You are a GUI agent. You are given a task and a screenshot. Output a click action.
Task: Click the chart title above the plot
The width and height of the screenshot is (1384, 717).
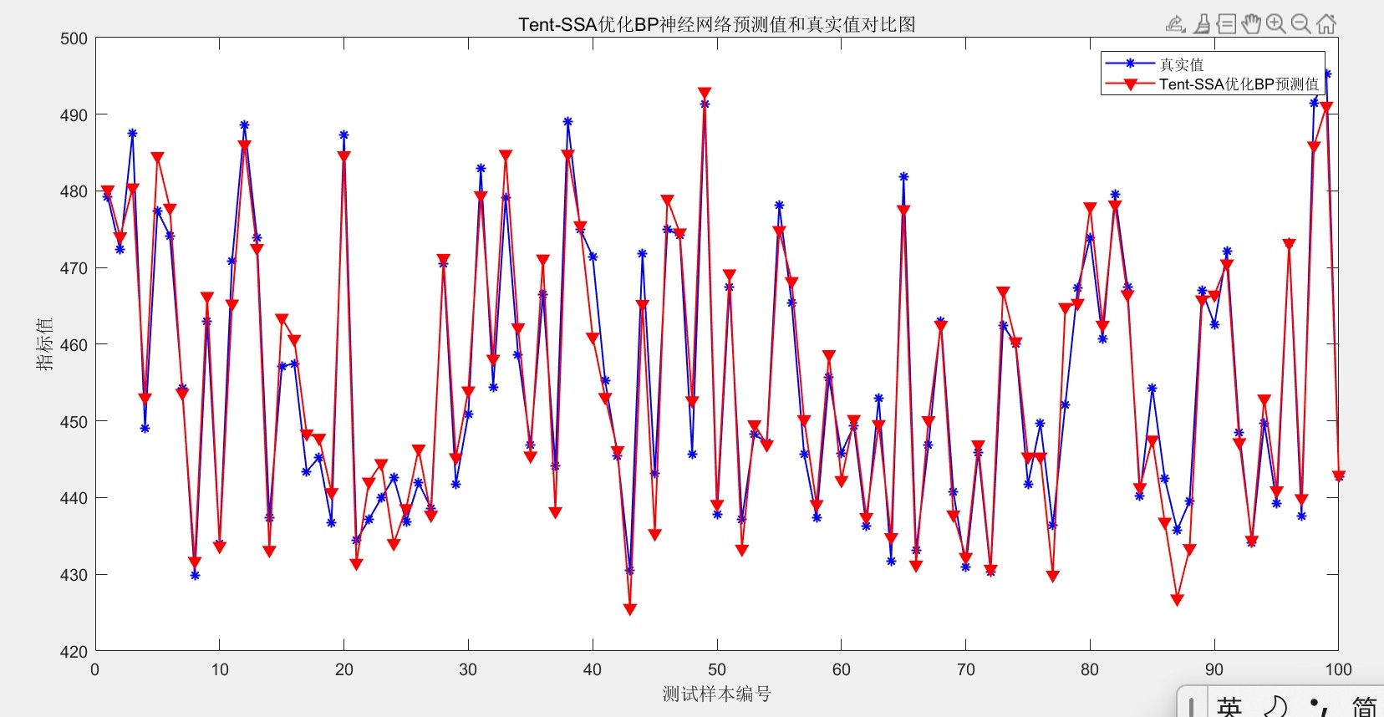pos(717,24)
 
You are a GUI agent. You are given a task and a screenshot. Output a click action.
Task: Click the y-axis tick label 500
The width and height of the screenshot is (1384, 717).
pos(74,38)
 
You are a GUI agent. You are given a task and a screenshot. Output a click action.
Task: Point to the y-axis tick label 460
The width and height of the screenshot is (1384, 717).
pos(74,344)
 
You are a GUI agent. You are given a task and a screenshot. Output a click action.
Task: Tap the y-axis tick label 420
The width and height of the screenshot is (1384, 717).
pos(74,651)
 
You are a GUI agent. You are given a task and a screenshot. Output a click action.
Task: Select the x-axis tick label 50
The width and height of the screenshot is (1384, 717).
pos(717,669)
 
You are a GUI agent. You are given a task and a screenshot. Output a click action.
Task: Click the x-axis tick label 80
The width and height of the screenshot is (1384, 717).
pos(1090,669)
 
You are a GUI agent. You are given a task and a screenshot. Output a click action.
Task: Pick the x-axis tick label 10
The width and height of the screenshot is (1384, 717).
pos(219,669)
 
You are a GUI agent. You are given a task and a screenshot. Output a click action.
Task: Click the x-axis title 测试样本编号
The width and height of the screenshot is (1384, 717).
pos(717,694)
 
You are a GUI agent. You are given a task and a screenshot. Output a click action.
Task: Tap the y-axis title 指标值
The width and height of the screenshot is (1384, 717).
pos(44,344)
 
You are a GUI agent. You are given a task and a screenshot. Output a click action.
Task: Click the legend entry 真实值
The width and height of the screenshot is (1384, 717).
pos(1182,64)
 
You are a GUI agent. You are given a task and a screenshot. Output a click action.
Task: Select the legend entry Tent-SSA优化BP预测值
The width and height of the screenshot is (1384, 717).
pos(1239,84)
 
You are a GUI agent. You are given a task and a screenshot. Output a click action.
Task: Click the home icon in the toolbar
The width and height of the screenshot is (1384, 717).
pos(1326,24)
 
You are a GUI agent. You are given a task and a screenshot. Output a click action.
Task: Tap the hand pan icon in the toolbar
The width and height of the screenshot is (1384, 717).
pos(1251,24)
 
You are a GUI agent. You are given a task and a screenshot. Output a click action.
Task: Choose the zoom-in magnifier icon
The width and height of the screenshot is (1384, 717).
pos(1276,24)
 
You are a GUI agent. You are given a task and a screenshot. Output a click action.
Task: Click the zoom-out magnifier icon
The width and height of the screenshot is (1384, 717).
pos(1300,24)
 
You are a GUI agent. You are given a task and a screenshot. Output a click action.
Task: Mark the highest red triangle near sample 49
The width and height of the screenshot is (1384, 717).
pos(705,94)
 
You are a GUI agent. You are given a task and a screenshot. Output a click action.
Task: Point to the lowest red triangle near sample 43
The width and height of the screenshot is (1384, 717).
pos(629,609)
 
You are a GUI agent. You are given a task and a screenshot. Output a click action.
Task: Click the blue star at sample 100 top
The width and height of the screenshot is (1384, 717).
pos(1326,74)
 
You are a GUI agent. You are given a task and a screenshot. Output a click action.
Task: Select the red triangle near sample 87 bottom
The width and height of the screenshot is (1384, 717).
pos(1177,600)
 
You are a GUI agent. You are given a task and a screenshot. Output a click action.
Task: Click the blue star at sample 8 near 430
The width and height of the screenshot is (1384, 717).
pos(195,575)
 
